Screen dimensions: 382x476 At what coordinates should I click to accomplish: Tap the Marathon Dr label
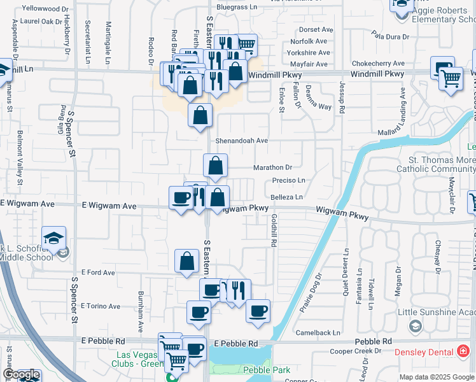[272, 167]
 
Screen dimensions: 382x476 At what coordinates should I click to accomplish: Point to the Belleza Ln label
[286, 197]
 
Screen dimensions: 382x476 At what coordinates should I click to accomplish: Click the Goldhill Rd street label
[274, 230]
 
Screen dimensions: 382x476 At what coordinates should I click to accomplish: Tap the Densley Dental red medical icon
[463, 351]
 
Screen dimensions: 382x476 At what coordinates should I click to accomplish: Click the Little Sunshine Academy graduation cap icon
[415, 326]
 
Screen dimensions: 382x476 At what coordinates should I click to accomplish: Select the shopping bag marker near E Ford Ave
[186, 261]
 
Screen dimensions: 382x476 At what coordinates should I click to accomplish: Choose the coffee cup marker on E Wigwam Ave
[181, 198]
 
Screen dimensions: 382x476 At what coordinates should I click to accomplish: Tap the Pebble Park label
[267, 370]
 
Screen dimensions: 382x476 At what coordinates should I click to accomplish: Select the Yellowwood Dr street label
[45, 9]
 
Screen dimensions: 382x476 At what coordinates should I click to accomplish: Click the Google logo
[20, 374]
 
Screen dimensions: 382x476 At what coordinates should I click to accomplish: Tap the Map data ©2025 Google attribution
[437, 377]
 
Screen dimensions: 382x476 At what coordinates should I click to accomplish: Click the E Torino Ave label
[101, 306]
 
